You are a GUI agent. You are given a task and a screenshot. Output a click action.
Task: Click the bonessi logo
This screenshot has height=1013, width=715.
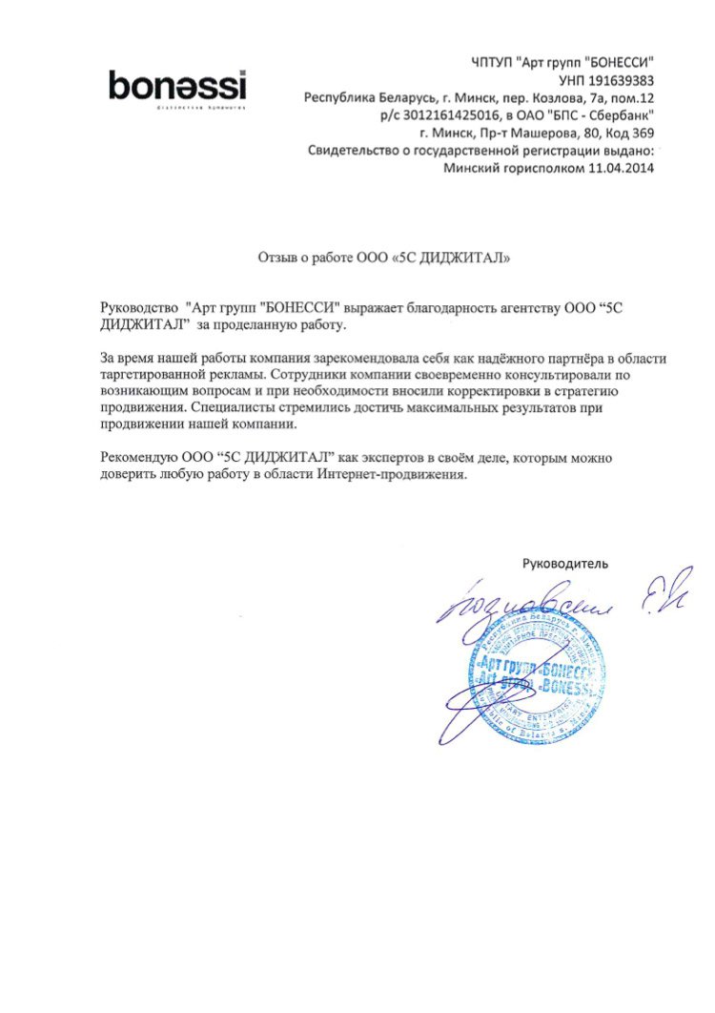click(x=177, y=87)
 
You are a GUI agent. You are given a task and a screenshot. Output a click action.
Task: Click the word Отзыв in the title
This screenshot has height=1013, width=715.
click(x=277, y=257)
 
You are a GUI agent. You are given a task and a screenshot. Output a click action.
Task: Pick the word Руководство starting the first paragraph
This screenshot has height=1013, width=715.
click(x=139, y=308)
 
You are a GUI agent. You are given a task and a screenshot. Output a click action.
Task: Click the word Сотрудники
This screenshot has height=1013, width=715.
click(x=314, y=375)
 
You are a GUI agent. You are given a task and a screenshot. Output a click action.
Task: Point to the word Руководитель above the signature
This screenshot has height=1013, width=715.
click(x=565, y=563)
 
